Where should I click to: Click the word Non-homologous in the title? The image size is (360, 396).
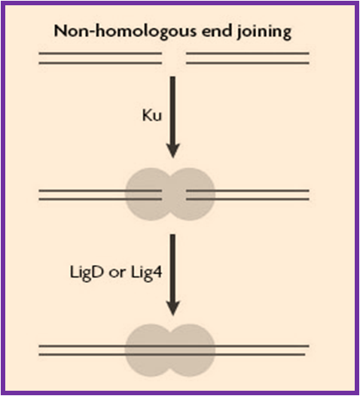[125, 32]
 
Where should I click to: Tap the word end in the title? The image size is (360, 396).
[216, 31]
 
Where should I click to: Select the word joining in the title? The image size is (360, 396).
[264, 32]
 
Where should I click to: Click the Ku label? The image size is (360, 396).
[152, 116]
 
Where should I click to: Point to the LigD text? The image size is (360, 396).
[87, 273]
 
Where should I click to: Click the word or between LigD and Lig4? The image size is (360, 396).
[117, 273]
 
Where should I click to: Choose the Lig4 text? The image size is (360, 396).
[146, 273]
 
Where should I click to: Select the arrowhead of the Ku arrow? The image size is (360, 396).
[172, 151]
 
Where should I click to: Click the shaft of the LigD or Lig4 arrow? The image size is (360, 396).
[172, 267]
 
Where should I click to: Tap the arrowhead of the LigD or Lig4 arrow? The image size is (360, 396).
[172, 308]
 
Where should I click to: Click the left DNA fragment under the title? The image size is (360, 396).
[100, 58]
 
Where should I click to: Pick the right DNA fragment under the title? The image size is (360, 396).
[248, 58]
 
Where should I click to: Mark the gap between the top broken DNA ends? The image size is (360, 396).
[174, 58]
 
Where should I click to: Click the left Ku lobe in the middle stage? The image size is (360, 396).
[148, 194]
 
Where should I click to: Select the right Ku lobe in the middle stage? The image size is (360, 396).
[194, 194]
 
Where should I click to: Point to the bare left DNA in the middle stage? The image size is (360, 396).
[82, 195]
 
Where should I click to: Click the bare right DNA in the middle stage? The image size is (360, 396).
[262, 195]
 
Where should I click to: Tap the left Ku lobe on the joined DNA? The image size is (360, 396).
[148, 350]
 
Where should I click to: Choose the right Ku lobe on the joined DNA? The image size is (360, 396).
[194, 350]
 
